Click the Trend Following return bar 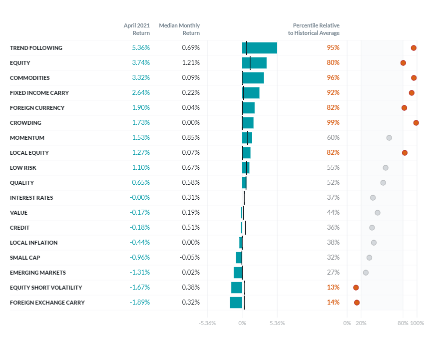pos(260,48)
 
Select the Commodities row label pos(30,78)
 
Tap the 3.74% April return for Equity pos(141,63)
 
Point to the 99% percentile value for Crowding pos(333,123)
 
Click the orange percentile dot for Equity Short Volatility pos(356,288)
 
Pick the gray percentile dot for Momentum pos(389,138)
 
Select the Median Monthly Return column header pos(179,29)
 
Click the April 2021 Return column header pos(137,29)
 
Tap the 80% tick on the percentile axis pos(403,323)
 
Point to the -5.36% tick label pos(207,323)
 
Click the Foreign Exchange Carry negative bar pos(236,303)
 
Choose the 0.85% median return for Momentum pos(190,138)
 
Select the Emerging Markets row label pos(38,273)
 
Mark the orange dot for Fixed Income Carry pos(412,93)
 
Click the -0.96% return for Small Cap pos(140,258)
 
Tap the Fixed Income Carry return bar pos(251,93)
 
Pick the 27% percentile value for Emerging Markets pos(333,273)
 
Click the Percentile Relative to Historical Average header pos(316,29)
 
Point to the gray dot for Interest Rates pos(373,198)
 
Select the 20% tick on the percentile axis pos(361,323)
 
